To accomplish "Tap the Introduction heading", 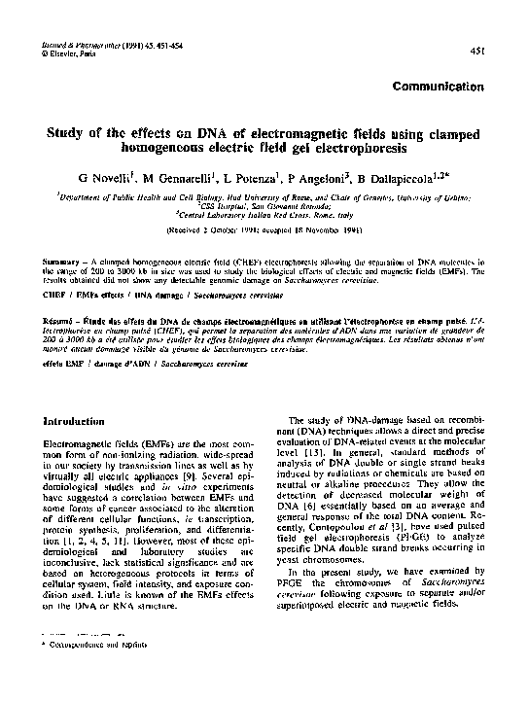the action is point(75,421).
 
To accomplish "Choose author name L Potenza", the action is point(280,181).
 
